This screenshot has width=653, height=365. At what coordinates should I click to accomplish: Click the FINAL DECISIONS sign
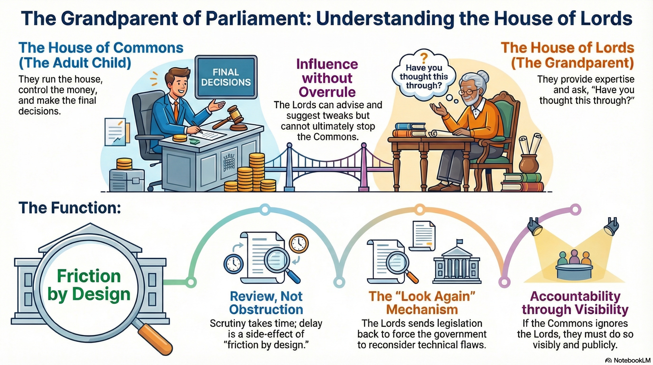[226, 77]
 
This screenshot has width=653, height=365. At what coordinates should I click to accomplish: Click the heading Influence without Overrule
[327, 78]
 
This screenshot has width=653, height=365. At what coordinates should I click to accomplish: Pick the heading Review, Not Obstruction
[266, 303]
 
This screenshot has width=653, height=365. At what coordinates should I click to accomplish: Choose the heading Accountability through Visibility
[575, 303]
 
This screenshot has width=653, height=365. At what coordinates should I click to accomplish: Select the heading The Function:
[70, 208]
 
